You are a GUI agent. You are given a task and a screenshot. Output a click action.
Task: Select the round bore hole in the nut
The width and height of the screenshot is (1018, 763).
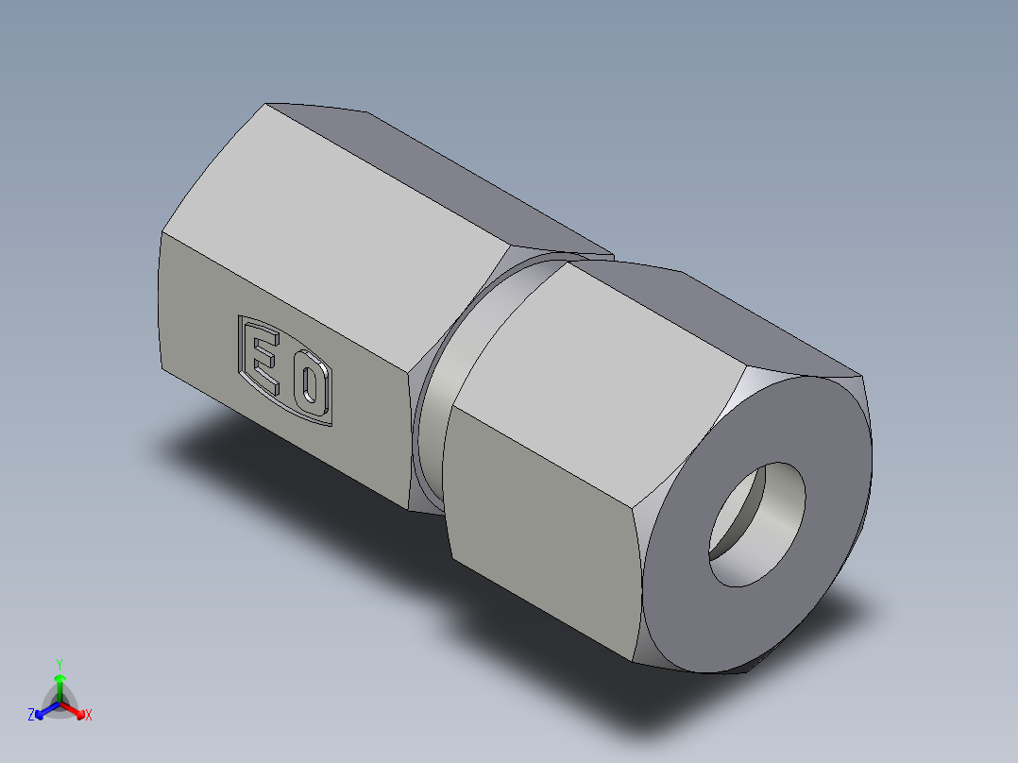coord(758,523)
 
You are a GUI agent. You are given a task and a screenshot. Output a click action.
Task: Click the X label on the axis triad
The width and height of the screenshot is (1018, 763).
coord(89,716)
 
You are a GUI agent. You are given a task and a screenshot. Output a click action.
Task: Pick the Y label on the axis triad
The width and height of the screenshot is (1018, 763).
coord(59,664)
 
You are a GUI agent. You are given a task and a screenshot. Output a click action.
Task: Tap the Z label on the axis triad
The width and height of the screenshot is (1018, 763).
coord(31,716)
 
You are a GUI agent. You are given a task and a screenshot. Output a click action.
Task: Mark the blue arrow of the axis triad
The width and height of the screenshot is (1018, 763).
coord(43,711)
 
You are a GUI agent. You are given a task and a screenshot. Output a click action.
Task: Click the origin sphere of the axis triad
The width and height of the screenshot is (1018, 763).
coord(59,703)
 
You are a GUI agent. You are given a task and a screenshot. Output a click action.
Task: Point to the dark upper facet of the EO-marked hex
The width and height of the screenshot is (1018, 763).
coord(444,179)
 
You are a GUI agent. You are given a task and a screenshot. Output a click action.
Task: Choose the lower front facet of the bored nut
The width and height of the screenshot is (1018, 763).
coord(548,529)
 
